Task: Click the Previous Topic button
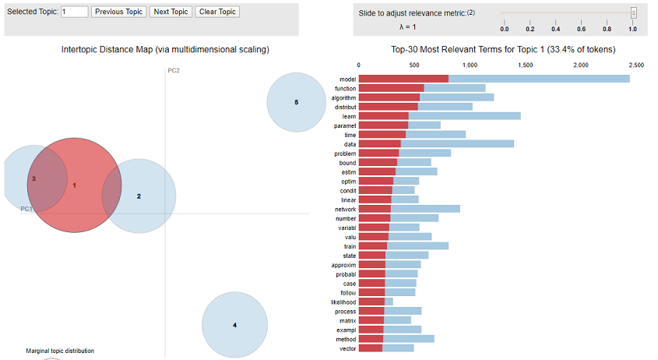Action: point(118,12)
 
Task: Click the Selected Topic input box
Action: point(74,12)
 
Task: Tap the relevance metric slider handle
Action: point(633,12)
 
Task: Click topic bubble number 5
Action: point(296,102)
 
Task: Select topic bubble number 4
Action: point(234,324)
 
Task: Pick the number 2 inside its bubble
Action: point(139,196)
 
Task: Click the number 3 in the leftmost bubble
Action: point(33,178)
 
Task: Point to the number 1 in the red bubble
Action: point(74,185)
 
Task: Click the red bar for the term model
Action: point(403,79)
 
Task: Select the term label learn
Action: point(349,116)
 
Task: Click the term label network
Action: point(345,209)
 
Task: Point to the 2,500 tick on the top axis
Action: point(635,65)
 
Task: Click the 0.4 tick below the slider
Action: point(556,29)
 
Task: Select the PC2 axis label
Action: point(174,71)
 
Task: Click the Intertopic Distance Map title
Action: point(165,50)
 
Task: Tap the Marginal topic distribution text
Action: point(60,351)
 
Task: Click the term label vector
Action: point(347,348)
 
